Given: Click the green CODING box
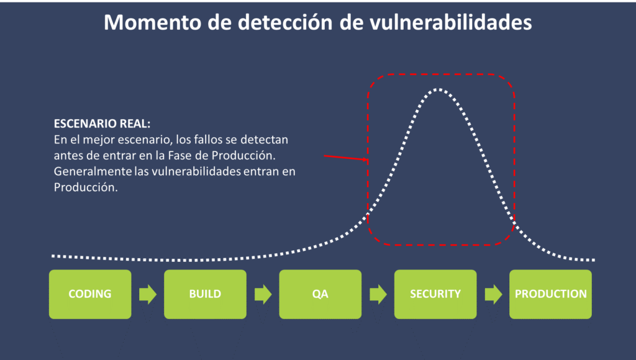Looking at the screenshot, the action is (x=90, y=294).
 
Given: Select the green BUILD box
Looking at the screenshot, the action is (x=205, y=294).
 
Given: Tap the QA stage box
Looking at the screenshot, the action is (x=320, y=294).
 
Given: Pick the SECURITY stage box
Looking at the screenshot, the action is (x=435, y=294).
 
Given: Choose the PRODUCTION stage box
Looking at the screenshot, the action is (x=551, y=294).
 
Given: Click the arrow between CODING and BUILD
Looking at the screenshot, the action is (x=148, y=294).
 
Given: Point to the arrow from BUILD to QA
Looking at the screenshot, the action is (x=263, y=294).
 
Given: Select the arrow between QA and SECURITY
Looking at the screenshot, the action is (x=378, y=294).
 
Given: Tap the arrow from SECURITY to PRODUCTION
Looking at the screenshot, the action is (x=493, y=294).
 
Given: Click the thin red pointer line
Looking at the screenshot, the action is (x=346, y=158).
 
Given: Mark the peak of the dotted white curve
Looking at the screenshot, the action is (x=438, y=89).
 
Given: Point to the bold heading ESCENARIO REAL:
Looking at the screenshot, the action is (x=102, y=124).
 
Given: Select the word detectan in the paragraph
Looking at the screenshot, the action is (x=264, y=140).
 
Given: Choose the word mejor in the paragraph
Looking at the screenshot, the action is (x=95, y=140).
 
